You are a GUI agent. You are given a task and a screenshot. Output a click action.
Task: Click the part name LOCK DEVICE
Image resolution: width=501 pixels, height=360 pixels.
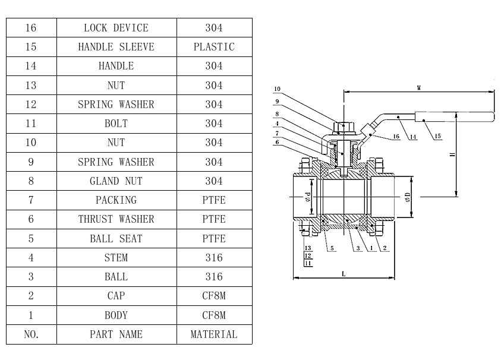pyautogui.click(x=116, y=28)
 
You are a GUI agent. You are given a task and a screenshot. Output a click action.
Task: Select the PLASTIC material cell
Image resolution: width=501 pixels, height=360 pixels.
pyautogui.click(x=214, y=47)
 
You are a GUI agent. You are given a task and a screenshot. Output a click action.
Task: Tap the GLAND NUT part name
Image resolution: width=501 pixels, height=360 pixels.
pyautogui.click(x=116, y=181)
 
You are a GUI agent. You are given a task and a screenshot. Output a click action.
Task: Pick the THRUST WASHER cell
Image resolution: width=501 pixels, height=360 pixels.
pyautogui.click(x=116, y=219)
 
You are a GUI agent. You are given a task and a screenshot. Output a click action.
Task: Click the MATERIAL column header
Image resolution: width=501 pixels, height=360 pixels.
pyautogui.click(x=214, y=334)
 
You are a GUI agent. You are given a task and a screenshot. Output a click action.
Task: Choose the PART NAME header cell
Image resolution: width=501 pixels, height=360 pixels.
pyautogui.click(x=116, y=334)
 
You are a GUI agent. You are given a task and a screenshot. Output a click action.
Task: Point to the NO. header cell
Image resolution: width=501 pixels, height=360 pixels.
pyautogui.click(x=31, y=334)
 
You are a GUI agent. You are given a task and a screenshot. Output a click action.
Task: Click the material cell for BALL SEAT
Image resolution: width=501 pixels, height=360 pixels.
pyautogui.click(x=214, y=239)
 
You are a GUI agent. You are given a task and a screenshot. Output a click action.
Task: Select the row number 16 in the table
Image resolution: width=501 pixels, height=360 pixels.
pyautogui.click(x=31, y=28)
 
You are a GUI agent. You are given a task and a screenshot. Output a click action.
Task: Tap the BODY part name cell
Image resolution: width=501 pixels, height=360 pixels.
pyautogui.click(x=116, y=315)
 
